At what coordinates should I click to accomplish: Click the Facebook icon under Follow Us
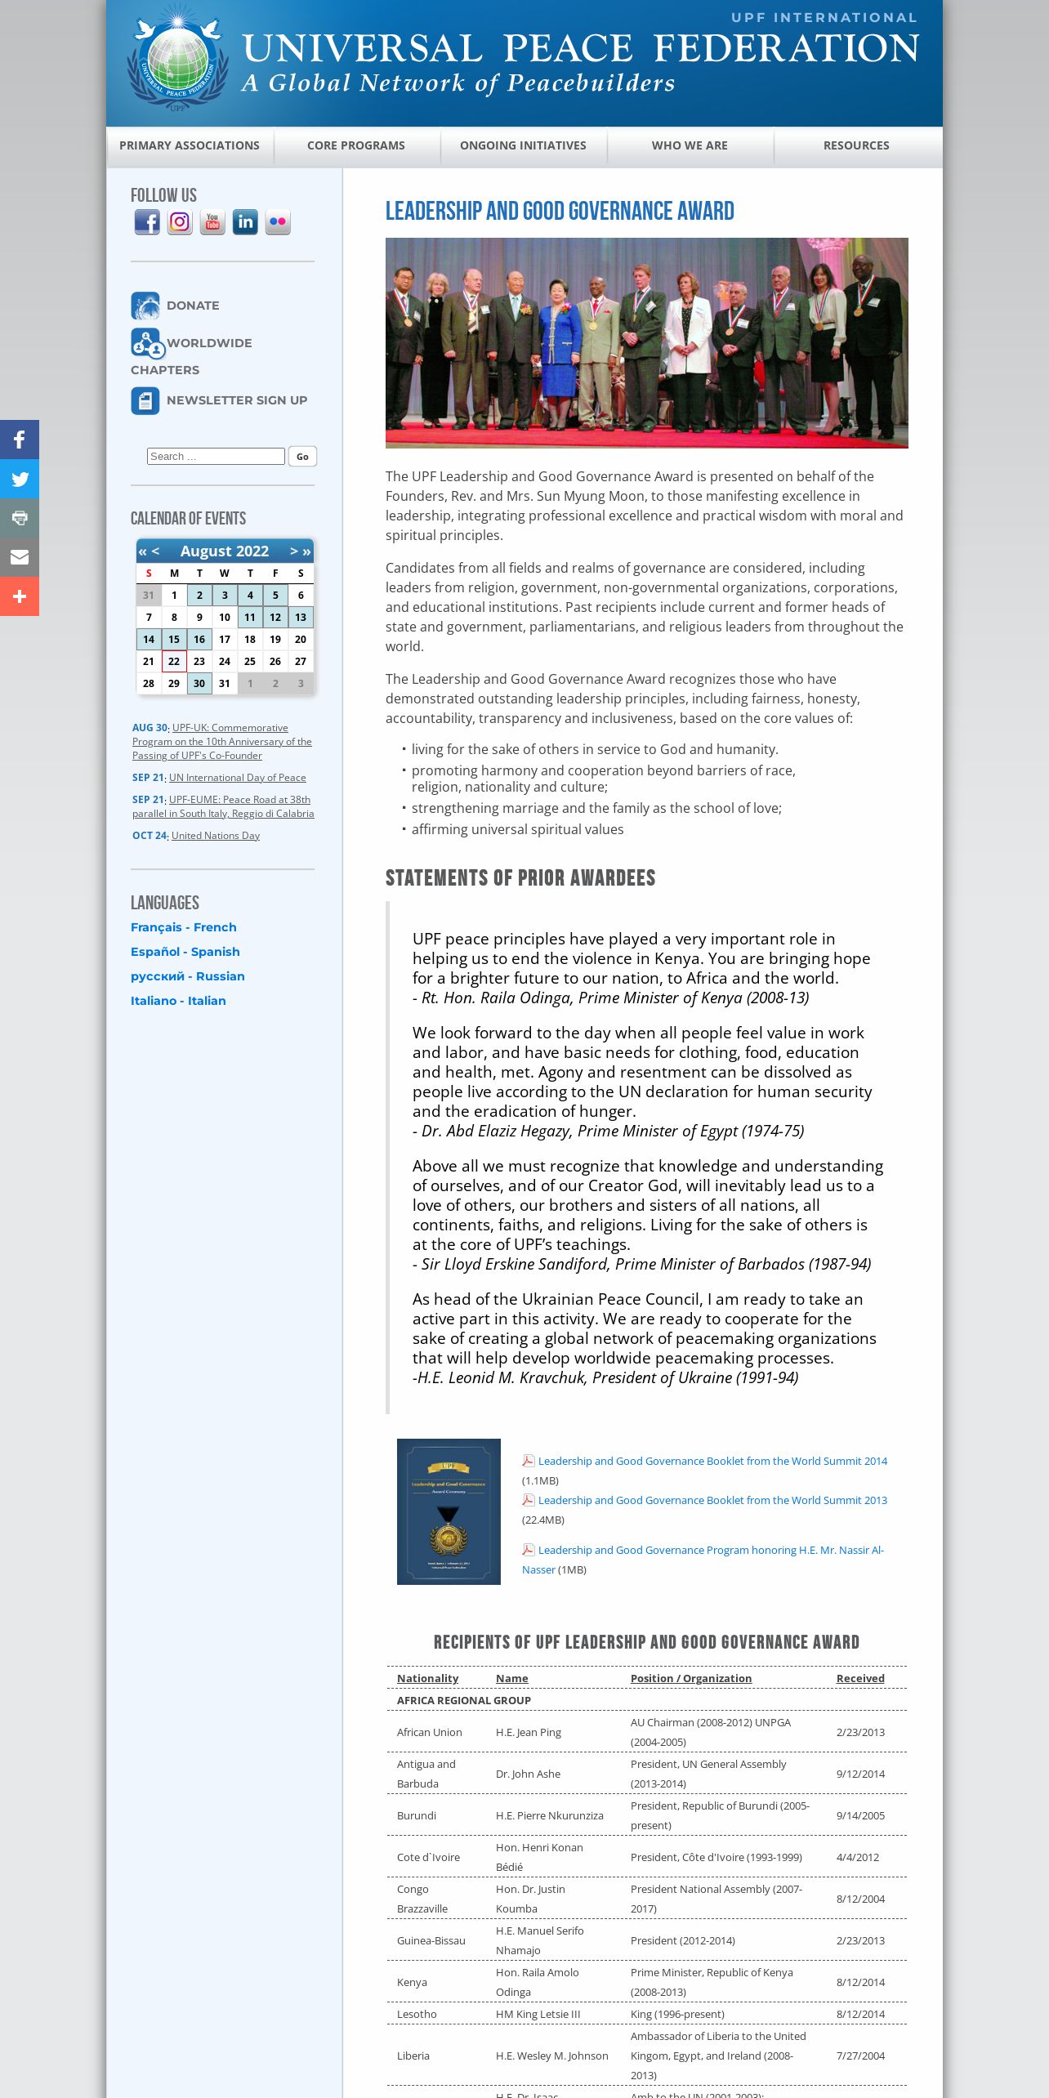(147, 222)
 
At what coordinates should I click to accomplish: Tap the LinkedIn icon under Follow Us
(245, 222)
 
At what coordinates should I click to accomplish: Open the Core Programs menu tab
(356, 145)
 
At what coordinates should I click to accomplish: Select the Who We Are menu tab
(690, 145)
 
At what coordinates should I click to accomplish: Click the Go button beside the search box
(302, 457)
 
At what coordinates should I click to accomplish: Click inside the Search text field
(216, 457)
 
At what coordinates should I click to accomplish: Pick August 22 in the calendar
(174, 662)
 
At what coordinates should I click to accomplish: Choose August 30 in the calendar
(199, 684)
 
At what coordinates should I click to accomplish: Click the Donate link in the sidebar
(193, 306)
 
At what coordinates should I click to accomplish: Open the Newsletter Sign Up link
(237, 400)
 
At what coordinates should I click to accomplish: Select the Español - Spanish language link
(185, 952)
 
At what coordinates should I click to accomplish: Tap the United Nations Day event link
(216, 836)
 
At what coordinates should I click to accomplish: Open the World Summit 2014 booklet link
(712, 1461)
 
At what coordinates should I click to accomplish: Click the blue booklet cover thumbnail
(449, 1511)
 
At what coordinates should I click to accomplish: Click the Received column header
(860, 1678)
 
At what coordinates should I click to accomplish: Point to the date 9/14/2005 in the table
(860, 1815)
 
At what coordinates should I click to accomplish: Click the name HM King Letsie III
(538, 2014)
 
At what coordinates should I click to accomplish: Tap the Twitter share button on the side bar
(20, 479)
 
